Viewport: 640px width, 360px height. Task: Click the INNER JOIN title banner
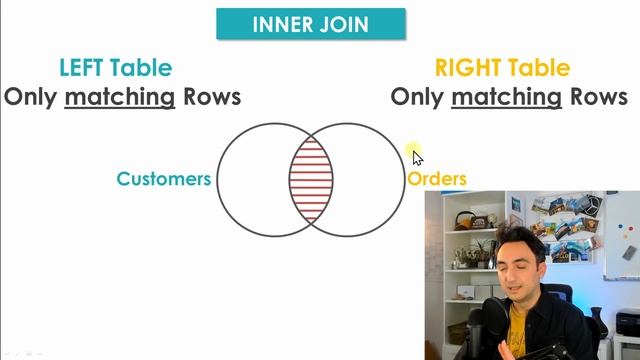(x=311, y=23)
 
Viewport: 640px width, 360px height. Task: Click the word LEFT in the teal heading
(x=81, y=68)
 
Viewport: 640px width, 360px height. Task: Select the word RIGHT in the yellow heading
(x=465, y=68)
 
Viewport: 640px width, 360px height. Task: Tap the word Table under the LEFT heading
(x=140, y=68)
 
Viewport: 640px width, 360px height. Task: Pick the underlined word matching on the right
(x=506, y=97)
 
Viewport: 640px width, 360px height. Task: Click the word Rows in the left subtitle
(x=211, y=97)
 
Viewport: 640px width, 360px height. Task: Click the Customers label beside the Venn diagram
(x=164, y=179)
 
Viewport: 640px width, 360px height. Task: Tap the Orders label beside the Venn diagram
(x=437, y=179)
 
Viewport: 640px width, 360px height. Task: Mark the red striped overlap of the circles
(x=311, y=180)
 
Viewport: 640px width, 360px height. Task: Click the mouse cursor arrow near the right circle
(x=417, y=157)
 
